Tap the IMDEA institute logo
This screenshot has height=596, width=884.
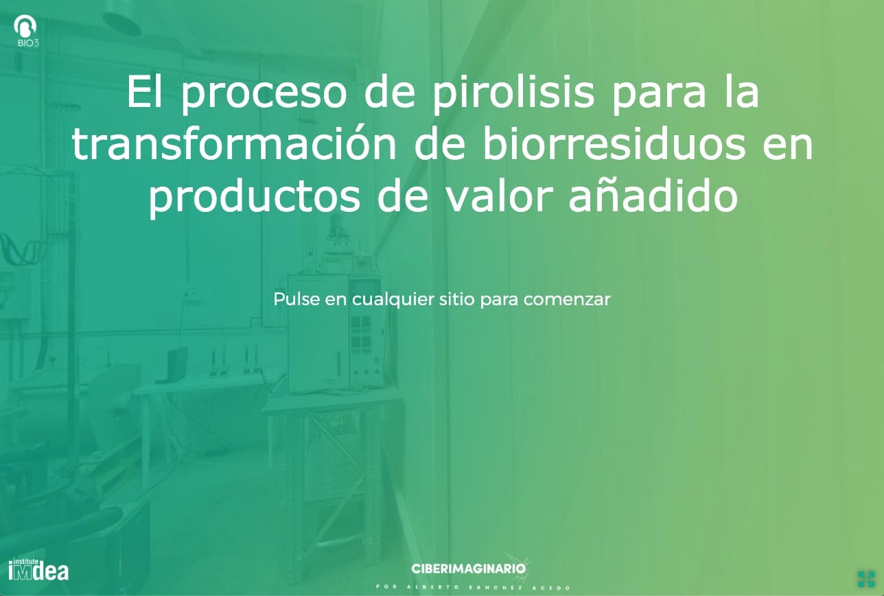click(x=38, y=569)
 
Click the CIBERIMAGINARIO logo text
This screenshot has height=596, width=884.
click(x=469, y=569)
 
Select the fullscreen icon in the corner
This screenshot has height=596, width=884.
click(x=866, y=579)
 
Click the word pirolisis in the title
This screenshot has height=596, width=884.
click(x=513, y=94)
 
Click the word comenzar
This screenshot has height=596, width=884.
click(x=567, y=300)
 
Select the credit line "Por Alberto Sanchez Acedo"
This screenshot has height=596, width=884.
click(x=474, y=587)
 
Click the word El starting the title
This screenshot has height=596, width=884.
click(x=144, y=92)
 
